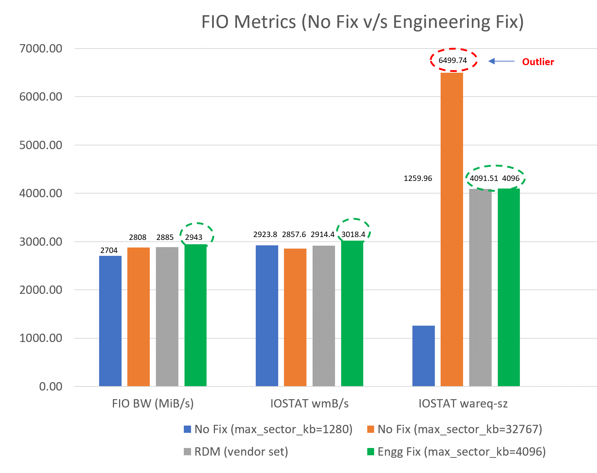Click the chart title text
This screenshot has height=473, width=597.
pyautogui.click(x=362, y=22)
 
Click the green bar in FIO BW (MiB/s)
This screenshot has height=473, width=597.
pyautogui.click(x=195, y=315)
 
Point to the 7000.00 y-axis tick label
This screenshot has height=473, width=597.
pyautogui.click(x=41, y=48)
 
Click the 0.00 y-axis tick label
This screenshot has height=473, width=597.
pyautogui.click(x=51, y=387)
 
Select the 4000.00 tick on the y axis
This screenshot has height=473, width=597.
pyautogui.click(x=41, y=193)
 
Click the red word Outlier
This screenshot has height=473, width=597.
pyautogui.click(x=538, y=62)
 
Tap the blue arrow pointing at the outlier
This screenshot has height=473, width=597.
pyautogui.click(x=501, y=62)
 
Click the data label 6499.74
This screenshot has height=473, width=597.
pyautogui.click(x=453, y=60)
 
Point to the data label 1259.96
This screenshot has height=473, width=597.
pyautogui.click(x=418, y=178)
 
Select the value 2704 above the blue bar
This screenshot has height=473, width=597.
pyautogui.click(x=109, y=250)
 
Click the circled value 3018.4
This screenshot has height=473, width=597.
pyautogui.click(x=353, y=235)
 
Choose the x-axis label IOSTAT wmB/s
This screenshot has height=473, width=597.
pyautogui.click(x=309, y=404)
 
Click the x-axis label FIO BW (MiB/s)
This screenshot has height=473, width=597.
pyautogui.click(x=153, y=404)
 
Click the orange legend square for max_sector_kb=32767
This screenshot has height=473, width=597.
pyautogui.click(x=371, y=429)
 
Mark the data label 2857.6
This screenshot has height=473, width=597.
pyautogui.click(x=294, y=235)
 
